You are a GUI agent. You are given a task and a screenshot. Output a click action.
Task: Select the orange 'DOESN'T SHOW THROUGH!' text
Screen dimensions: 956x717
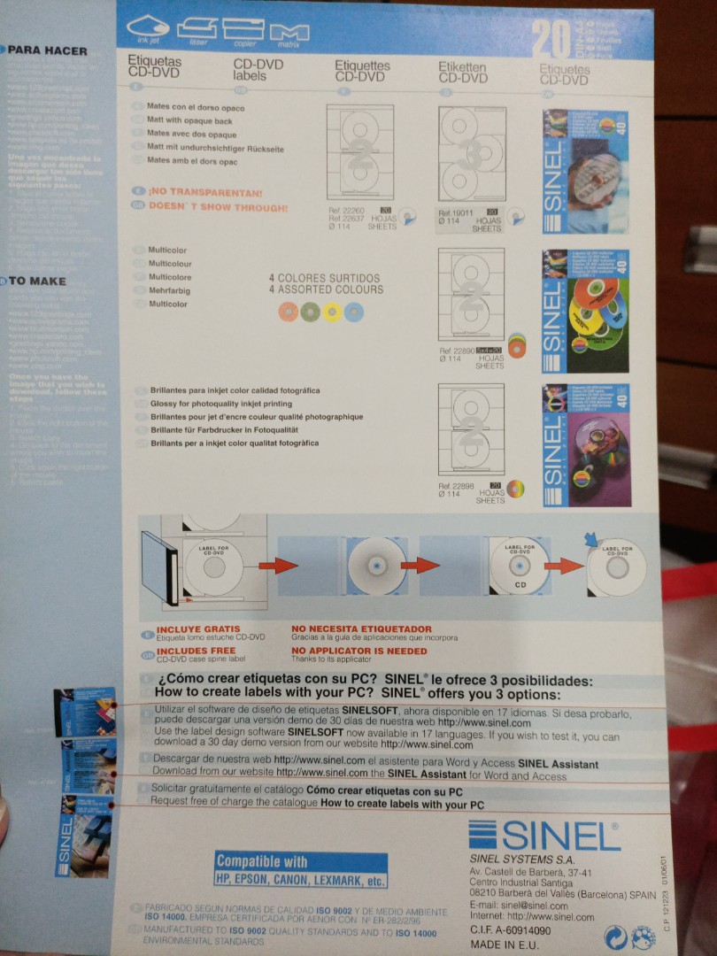tap(217, 207)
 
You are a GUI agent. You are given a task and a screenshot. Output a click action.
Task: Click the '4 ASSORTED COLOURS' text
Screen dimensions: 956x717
tap(326, 289)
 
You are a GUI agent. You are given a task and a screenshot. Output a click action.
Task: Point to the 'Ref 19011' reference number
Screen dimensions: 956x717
tap(456, 213)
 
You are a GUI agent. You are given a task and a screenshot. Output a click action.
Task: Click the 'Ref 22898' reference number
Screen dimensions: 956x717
tap(456, 486)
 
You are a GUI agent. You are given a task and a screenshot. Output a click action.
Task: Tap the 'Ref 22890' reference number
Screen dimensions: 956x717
tap(456, 351)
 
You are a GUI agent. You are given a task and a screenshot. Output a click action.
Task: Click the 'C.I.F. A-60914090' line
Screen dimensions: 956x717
tap(510, 930)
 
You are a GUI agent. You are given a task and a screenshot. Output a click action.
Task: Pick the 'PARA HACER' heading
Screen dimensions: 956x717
tap(48, 50)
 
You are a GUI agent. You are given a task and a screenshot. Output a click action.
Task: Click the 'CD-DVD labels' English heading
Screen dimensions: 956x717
tap(251, 70)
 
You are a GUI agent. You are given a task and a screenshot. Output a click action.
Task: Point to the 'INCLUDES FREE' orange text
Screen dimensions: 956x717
tap(191, 651)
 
